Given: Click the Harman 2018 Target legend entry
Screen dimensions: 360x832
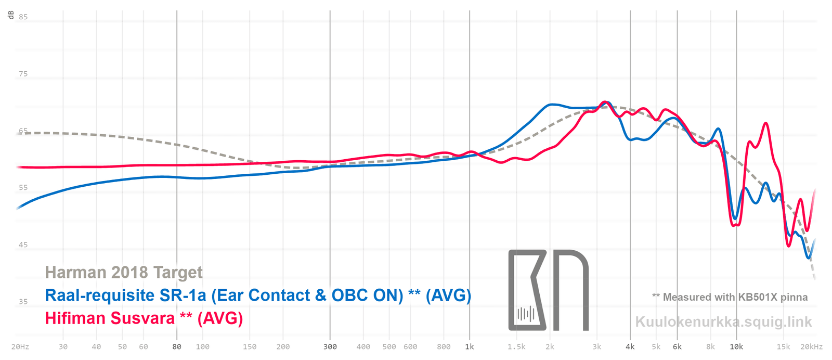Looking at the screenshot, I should tap(124, 272).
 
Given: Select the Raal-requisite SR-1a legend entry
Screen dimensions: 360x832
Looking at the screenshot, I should tap(258, 295).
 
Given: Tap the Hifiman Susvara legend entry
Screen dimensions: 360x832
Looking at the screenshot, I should tap(144, 318).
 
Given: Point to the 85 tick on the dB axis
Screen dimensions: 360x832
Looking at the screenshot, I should tap(23, 17).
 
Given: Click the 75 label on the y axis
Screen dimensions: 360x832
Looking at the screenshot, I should tap(23, 74).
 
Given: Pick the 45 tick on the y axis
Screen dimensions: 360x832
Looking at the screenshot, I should tap(23, 245).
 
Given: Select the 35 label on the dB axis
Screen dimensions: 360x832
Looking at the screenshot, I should tap(23, 301).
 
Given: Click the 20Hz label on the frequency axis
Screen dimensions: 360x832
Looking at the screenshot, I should tap(20, 346).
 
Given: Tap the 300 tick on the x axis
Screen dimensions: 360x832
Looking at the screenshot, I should tap(330, 346).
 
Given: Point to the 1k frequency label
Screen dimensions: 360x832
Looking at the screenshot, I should tap(470, 346).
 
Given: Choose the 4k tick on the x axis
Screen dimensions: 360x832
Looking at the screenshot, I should tap(630, 346).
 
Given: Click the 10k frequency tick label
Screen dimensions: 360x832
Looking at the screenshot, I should tap(736, 346).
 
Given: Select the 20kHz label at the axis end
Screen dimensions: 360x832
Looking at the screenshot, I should tap(812, 346).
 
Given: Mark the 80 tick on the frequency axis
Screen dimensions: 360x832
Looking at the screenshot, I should tap(177, 346).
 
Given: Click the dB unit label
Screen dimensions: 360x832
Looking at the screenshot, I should tap(11, 15).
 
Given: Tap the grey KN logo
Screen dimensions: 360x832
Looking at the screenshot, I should tap(548, 290).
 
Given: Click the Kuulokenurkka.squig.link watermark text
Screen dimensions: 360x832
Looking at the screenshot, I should tap(723, 322).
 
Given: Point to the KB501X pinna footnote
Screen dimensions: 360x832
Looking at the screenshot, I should tap(730, 297).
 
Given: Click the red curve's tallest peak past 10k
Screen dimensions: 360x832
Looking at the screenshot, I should tap(765, 123).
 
